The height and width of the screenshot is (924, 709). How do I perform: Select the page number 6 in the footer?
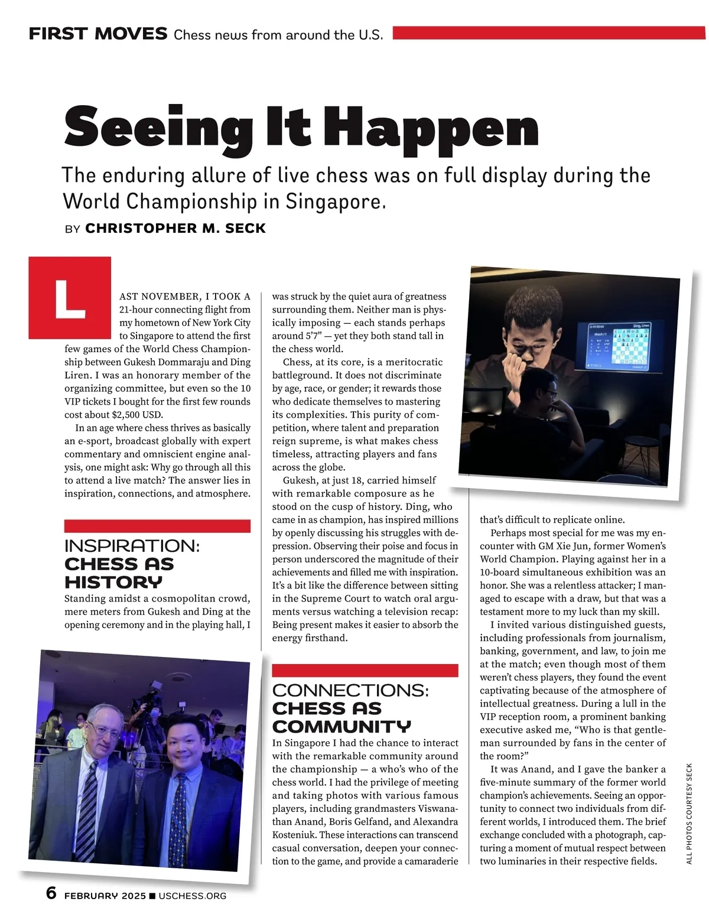[51, 893]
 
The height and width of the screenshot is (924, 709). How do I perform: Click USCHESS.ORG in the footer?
[193, 896]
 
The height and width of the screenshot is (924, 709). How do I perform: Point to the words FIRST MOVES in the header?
[98, 34]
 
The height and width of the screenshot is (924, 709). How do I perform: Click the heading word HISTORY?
[113, 582]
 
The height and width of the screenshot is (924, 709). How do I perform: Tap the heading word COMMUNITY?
[341, 726]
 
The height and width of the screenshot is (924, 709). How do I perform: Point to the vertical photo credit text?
[689, 814]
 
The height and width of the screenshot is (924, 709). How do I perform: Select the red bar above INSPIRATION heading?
[157, 526]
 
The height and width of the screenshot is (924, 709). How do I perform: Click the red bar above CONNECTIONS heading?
[365, 671]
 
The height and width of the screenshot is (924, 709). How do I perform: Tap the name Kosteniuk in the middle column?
[296, 835]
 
